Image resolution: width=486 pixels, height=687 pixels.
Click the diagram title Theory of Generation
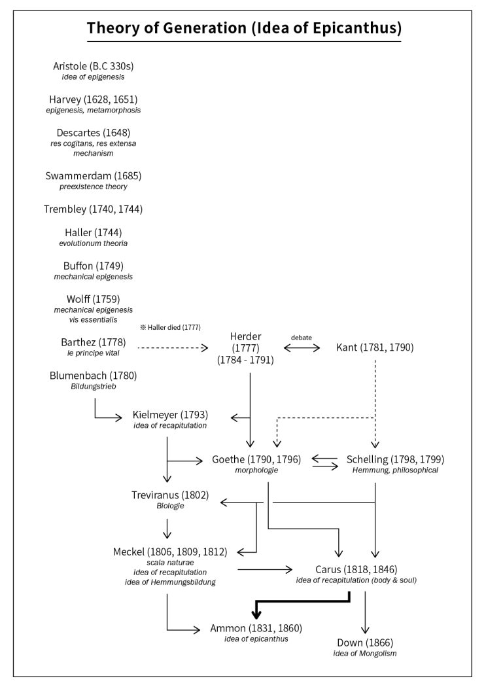click(244, 28)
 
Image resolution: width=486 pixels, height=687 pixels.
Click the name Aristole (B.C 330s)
click(94, 66)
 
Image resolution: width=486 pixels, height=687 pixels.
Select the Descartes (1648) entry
click(94, 133)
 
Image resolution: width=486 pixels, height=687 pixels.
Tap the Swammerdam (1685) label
click(94, 176)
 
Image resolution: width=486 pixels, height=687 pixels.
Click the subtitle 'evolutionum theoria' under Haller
click(94, 243)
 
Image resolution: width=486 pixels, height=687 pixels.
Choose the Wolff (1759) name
click(94, 299)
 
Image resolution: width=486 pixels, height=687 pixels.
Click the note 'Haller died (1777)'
click(170, 327)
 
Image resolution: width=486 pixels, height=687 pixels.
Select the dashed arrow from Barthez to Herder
click(173, 348)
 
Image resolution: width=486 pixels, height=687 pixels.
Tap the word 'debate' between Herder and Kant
click(302, 338)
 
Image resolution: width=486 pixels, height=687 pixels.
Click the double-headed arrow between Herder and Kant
click(302, 348)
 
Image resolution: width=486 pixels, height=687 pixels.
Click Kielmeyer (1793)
click(170, 414)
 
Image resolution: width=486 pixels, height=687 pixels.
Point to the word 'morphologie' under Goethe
click(256, 470)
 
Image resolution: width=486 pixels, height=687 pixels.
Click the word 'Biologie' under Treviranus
click(170, 506)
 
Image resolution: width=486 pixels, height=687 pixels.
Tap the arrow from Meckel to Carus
click(265, 570)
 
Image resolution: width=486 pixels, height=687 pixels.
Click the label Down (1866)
click(365, 643)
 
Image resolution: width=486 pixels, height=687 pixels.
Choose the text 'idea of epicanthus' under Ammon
click(256, 639)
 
